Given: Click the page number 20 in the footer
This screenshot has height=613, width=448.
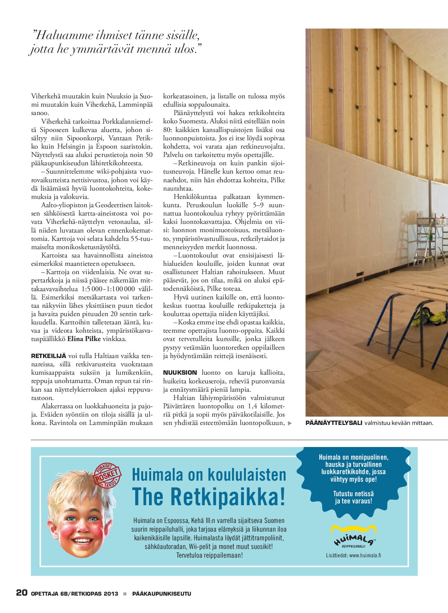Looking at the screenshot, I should (22, 593).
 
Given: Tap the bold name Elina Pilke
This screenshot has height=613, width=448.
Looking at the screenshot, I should (84, 339).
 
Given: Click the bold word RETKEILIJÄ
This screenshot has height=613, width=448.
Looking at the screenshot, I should (49, 356).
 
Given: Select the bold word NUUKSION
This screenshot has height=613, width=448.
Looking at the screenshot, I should (180, 373).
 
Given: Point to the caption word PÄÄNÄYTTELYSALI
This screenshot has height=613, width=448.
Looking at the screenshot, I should (333, 423).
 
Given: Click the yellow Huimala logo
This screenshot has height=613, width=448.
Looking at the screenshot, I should (354, 536).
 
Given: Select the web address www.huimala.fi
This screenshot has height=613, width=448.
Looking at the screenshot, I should (365, 555).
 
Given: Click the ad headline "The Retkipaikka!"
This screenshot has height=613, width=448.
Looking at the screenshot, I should (209, 497).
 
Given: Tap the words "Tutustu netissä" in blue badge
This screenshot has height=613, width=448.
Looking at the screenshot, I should (353, 494).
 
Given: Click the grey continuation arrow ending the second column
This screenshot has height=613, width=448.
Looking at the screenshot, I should (290, 423).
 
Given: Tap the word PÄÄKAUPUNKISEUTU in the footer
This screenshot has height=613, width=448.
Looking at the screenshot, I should (162, 593).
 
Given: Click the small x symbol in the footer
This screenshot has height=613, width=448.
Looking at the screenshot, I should (125, 593).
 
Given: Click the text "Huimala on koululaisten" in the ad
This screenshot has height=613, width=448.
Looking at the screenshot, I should (209, 474).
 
